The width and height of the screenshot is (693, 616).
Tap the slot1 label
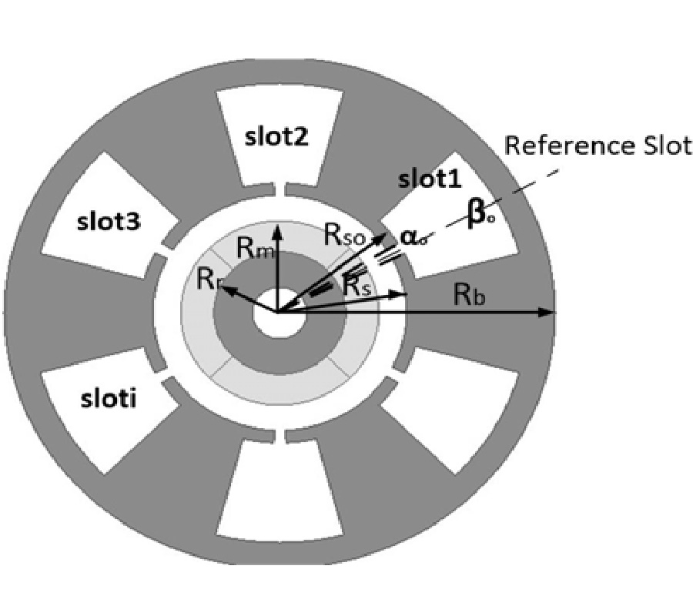coord(429,180)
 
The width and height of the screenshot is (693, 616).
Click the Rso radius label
coord(343,236)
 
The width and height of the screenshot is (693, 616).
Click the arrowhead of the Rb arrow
coord(547,312)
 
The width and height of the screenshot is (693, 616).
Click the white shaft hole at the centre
coord(277,314)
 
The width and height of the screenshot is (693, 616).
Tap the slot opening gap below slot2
coord(276,188)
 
